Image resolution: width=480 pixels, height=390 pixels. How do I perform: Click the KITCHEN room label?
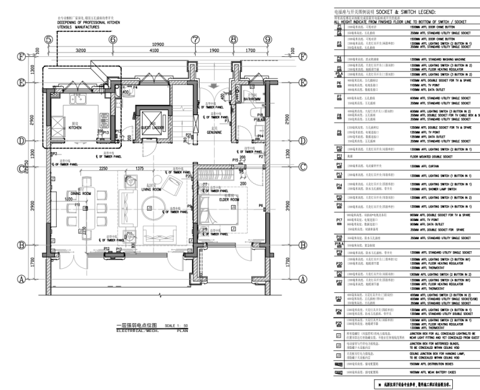(75, 127)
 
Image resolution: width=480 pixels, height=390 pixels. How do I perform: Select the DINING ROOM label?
(81, 193)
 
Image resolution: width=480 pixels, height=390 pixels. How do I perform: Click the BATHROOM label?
(253, 99)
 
